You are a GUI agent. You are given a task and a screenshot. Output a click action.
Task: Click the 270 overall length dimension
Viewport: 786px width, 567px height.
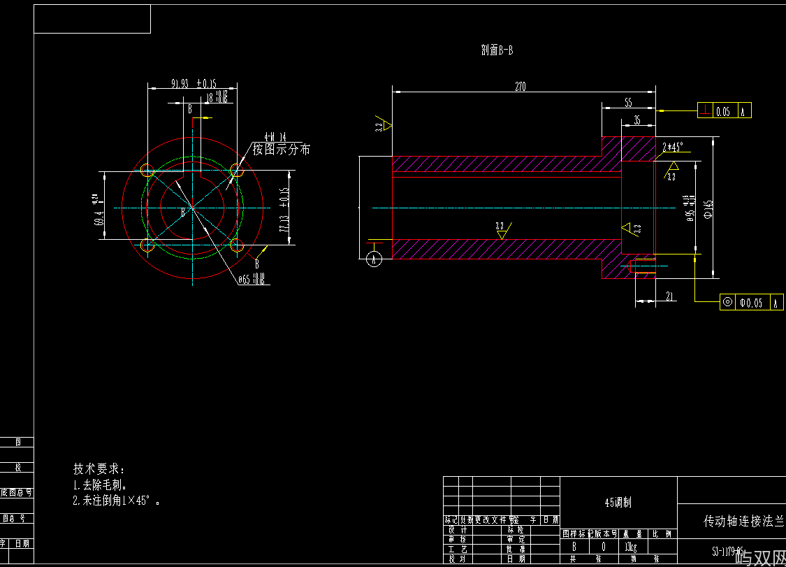click(520, 87)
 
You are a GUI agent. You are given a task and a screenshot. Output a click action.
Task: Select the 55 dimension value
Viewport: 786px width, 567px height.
click(627, 102)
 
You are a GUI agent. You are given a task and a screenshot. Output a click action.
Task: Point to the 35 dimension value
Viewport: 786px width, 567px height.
click(636, 120)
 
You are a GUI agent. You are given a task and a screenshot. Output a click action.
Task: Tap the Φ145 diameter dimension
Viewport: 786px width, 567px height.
click(708, 208)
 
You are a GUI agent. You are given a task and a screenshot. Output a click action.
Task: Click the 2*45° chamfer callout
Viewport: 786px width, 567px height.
click(673, 148)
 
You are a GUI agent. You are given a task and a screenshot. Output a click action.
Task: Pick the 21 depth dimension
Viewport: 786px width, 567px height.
click(669, 297)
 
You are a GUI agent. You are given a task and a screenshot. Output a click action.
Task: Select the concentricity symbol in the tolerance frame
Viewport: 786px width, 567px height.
click(728, 302)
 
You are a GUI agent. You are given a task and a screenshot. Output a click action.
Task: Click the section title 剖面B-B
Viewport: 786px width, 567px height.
click(497, 50)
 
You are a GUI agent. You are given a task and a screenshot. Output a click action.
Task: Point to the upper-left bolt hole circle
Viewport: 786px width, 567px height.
click(147, 171)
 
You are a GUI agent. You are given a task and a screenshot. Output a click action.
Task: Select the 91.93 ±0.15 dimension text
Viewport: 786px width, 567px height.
click(194, 83)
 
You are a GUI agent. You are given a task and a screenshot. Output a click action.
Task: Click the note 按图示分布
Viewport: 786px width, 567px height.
click(282, 149)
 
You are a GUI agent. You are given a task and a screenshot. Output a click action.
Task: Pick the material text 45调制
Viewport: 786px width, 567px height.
click(618, 502)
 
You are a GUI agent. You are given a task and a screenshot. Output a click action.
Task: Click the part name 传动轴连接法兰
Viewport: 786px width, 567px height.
click(743, 522)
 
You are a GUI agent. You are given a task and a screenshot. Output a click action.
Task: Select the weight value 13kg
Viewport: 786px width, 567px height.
click(630, 546)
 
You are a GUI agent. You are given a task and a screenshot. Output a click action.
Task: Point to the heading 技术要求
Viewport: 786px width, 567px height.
click(99, 468)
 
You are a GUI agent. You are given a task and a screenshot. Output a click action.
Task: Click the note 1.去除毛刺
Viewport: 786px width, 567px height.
click(101, 485)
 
